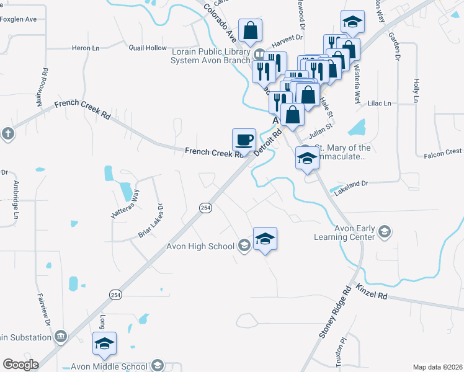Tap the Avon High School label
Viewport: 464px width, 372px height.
200,246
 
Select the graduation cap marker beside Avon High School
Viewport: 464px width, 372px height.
265,239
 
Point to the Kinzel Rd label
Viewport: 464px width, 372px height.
372,293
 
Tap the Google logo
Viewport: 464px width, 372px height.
20,365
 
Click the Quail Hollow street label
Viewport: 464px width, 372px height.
148,48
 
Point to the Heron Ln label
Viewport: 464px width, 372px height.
86,48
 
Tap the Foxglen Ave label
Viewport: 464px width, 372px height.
19,19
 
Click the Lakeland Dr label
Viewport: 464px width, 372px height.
352,184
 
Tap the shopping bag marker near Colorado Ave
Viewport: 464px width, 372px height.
250,30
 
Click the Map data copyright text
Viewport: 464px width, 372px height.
437,367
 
